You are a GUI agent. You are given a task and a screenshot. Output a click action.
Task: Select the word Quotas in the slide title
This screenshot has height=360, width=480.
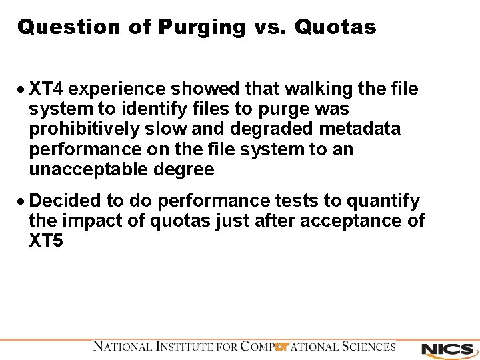pyautogui.click(x=335, y=27)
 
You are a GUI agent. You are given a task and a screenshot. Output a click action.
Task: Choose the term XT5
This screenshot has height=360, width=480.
pyautogui.click(x=46, y=241)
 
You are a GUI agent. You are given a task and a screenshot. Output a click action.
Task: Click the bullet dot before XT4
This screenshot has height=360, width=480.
pyautogui.click(x=22, y=89)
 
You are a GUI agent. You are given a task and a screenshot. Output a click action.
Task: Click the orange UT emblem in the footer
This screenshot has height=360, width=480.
pyautogui.click(x=282, y=347)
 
